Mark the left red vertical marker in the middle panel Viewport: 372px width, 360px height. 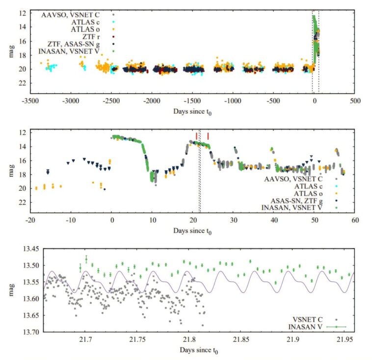click(x=196, y=135)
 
